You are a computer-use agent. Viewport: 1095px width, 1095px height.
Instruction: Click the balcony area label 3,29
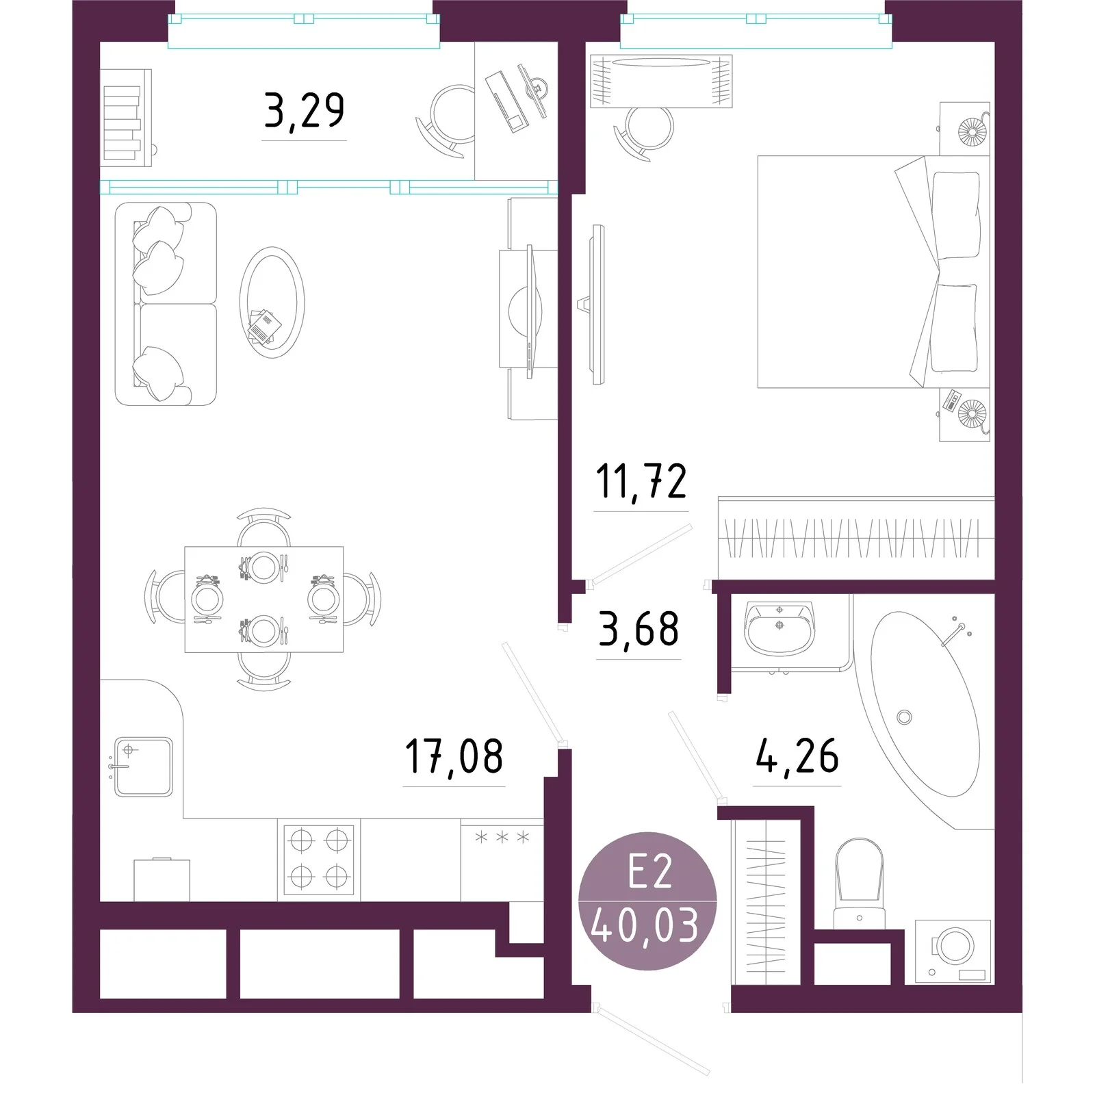click(x=304, y=111)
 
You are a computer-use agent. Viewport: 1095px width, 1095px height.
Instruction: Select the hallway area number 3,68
click(x=639, y=630)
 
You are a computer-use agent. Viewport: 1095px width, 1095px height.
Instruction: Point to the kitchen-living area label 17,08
click(x=454, y=756)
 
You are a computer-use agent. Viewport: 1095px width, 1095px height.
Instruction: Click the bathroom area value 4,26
click(x=797, y=756)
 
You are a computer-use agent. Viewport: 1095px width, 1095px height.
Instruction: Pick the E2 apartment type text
click(x=650, y=873)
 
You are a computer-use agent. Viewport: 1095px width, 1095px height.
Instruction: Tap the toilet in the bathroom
click(x=860, y=884)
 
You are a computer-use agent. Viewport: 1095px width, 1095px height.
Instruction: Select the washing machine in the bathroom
click(x=953, y=951)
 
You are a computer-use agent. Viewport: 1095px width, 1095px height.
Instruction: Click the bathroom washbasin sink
click(x=780, y=628)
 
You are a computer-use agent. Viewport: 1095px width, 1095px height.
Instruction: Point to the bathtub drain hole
click(x=904, y=717)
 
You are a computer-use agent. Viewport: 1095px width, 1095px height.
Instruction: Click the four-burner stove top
click(x=319, y=860)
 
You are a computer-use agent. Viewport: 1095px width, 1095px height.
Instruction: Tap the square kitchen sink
click(x=142, y=766)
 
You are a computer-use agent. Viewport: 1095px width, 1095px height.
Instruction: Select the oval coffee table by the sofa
click(x=272, y=302)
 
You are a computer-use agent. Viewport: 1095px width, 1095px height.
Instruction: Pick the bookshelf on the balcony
click(x=126, y=117)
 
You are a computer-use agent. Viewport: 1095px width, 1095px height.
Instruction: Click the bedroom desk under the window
click(x=661, y=81)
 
